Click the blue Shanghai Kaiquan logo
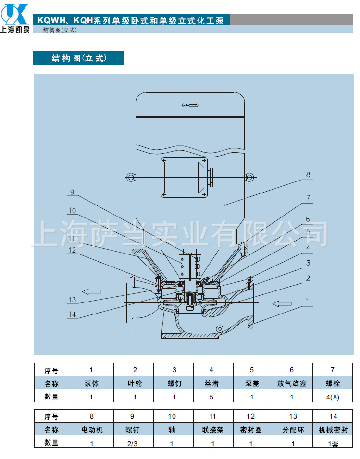click(15, 18)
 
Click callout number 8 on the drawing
click(308, 175)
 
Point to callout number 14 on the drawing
click(72, 314)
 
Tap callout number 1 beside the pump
click(308, 301)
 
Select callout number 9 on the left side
click(72, 193)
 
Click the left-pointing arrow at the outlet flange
click(91, 291)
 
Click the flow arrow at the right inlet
click(282, 304)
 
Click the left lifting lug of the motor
click(130, 177)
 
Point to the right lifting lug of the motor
click(249, 177)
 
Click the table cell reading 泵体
click(91, 383)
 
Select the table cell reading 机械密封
click(333, 430)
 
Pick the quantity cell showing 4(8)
click(333, 397)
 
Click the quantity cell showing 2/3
click(132, 444)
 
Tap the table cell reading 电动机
click(92, 430)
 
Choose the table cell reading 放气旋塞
click(292, 383)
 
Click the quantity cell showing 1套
click(333, 444)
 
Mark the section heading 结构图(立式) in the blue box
click(79, 58)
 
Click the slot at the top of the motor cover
click(190, 105)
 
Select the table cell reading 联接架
click(213, 430)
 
